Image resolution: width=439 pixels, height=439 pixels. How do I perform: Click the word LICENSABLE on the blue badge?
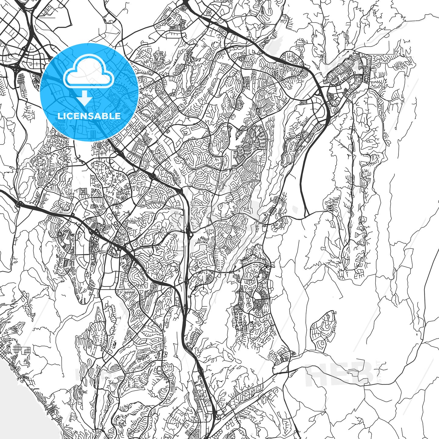[89, 116]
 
